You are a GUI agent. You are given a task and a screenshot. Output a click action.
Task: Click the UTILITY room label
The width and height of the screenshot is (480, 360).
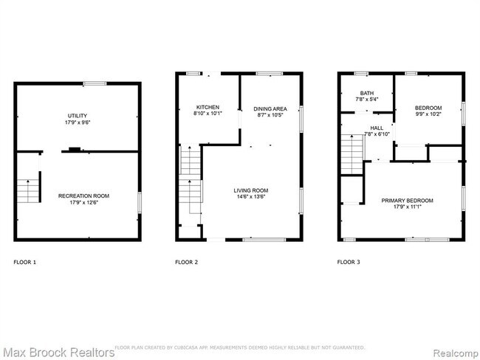77,116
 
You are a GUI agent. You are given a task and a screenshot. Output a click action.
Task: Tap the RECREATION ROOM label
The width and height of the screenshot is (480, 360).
83,195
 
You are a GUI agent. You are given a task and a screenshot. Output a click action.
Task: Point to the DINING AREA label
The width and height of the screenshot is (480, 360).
267,107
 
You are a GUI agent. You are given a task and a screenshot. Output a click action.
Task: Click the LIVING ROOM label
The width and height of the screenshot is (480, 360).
252,190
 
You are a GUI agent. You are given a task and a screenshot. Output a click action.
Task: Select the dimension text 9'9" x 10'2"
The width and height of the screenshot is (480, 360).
428,114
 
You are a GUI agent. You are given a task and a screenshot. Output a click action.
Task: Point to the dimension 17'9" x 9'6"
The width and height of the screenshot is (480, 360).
77,122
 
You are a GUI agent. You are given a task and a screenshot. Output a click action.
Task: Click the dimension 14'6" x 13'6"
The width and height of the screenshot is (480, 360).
252,197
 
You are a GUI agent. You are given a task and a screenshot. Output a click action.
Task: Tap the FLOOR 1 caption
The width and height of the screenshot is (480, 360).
24,262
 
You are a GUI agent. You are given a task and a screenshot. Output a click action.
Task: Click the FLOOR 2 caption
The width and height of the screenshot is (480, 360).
186,262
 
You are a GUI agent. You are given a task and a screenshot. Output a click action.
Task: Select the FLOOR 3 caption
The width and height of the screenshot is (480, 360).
349,262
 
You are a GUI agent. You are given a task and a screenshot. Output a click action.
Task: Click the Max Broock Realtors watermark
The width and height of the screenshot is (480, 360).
58,352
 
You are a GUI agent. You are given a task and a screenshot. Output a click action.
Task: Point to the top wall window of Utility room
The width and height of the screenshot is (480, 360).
95,83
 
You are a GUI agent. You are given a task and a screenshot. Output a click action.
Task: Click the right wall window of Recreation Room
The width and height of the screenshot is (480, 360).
140,200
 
